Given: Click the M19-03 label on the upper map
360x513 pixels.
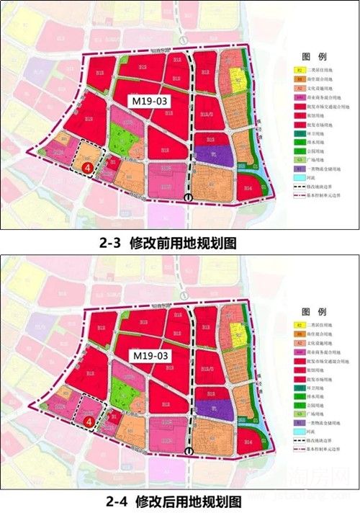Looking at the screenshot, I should [x=150, y=102].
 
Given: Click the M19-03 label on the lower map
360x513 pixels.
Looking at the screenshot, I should [x=150, y=356].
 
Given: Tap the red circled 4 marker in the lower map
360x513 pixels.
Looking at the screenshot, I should [x=88, y=421].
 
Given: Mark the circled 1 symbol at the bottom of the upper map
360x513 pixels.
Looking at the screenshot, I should [x=189, y=197].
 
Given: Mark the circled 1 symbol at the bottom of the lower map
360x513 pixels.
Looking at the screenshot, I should [x=189, y=451].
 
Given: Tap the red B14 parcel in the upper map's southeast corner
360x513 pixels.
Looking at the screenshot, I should [x=248, y=188].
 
